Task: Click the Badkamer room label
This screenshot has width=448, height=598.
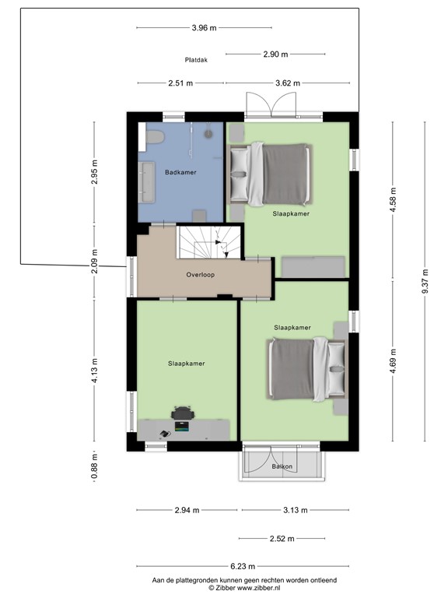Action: [x=180, y=172]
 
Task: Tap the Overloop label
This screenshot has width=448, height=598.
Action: [x=201, y=275]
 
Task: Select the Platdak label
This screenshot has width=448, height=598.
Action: [x=196, y=60]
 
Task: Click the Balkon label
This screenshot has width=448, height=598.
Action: [x=282, y=466]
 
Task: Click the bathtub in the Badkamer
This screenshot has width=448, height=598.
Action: [x=146, y=182]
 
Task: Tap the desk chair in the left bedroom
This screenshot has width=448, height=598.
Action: [x=183, y=413]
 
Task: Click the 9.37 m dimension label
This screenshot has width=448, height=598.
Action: [x=425, y=281]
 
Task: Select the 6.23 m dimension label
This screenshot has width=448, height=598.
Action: [x=243, y=566]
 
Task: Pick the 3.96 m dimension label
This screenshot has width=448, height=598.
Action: [x=205, y=28]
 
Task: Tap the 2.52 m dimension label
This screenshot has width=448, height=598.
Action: [x=282, y=539]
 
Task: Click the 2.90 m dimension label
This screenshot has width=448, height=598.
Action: [x=275, y=55]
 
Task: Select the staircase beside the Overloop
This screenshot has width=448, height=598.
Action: [x=208, y=242]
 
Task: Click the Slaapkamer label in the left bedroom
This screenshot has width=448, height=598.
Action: [x=187, y=364]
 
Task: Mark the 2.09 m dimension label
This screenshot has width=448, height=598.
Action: [x=94, y=262]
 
